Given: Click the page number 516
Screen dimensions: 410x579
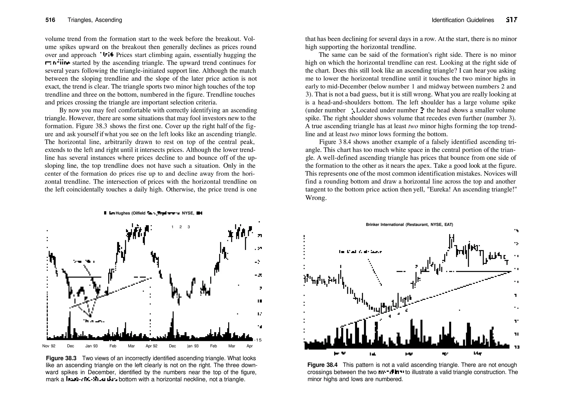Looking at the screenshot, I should (x=50, y=20).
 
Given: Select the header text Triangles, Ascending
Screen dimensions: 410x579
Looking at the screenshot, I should (x=95, y=20).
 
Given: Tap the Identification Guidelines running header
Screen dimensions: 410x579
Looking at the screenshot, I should (x=463, y=20).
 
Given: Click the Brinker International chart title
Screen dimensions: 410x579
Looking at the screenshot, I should (x=409, y=225).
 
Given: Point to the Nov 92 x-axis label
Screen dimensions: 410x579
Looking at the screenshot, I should (x=49, y=346).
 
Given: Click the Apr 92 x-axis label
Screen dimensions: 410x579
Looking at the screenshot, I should (x=152, y=346).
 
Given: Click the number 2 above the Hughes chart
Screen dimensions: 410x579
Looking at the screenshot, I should (x=180, y=227).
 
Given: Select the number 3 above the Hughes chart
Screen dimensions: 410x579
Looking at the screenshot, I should (x=189, y=227).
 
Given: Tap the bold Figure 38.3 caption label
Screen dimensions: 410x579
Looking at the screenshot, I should (x=61, y=359).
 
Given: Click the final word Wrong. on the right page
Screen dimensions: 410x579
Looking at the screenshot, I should (x=316, y=198).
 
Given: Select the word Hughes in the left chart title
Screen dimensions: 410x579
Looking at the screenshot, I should (x=122, y=213).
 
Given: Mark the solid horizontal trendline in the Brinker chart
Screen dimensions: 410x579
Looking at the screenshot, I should (x=481, y=271).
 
